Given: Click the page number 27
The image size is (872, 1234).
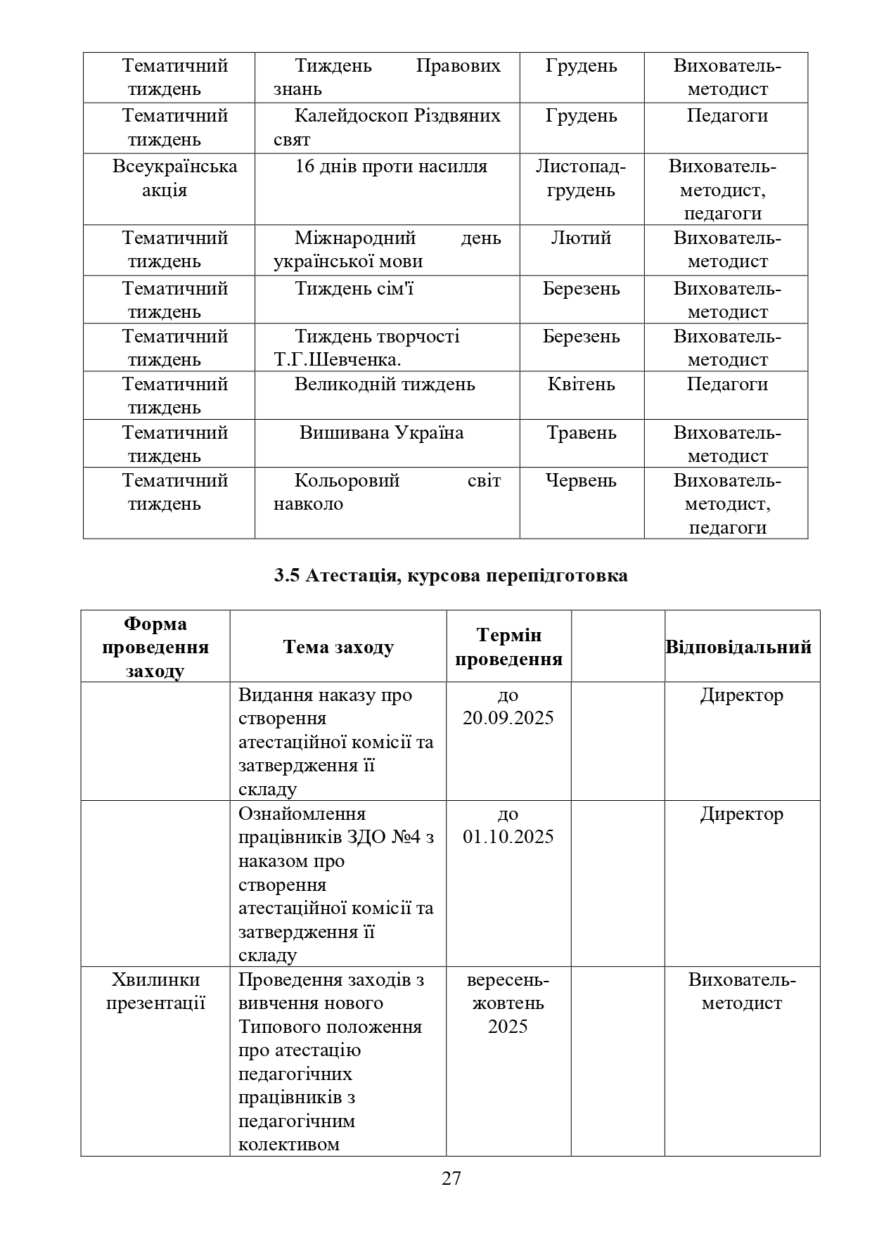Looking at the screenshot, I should (x=451, y=1178).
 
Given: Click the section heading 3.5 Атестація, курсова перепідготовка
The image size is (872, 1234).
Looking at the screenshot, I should (x=451, y=576).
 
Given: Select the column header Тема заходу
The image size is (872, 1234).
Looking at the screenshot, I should (x=338, y=646).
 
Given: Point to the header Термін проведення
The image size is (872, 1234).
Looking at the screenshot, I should (x=508, y=647).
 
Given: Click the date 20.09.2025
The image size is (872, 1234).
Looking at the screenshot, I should (x=508, y=718).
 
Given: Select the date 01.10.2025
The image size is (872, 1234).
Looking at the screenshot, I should (x=508, y=837).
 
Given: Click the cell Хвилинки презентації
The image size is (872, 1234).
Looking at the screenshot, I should (x=155, y=991).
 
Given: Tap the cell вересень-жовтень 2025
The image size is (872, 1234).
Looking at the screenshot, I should (x=508, y=1003).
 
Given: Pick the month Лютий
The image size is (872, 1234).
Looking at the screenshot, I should (x=581, y=238).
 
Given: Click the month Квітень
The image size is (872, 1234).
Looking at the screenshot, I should (x=581, y=385).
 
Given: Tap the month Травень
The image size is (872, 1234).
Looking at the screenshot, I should (x=581, y=432).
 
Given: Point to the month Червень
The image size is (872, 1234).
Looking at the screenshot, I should (x=581, y=480).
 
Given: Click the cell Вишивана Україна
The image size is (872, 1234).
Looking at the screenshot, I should (x=381, y=432).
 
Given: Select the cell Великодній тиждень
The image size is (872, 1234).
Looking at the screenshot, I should (x=385, y=385).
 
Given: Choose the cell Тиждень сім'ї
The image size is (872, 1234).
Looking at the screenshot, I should (x=353, y=289).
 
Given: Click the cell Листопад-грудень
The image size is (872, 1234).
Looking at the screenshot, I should (x=581, y=178).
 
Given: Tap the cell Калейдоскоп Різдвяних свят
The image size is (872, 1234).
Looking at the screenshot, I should (x=387, y=127).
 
